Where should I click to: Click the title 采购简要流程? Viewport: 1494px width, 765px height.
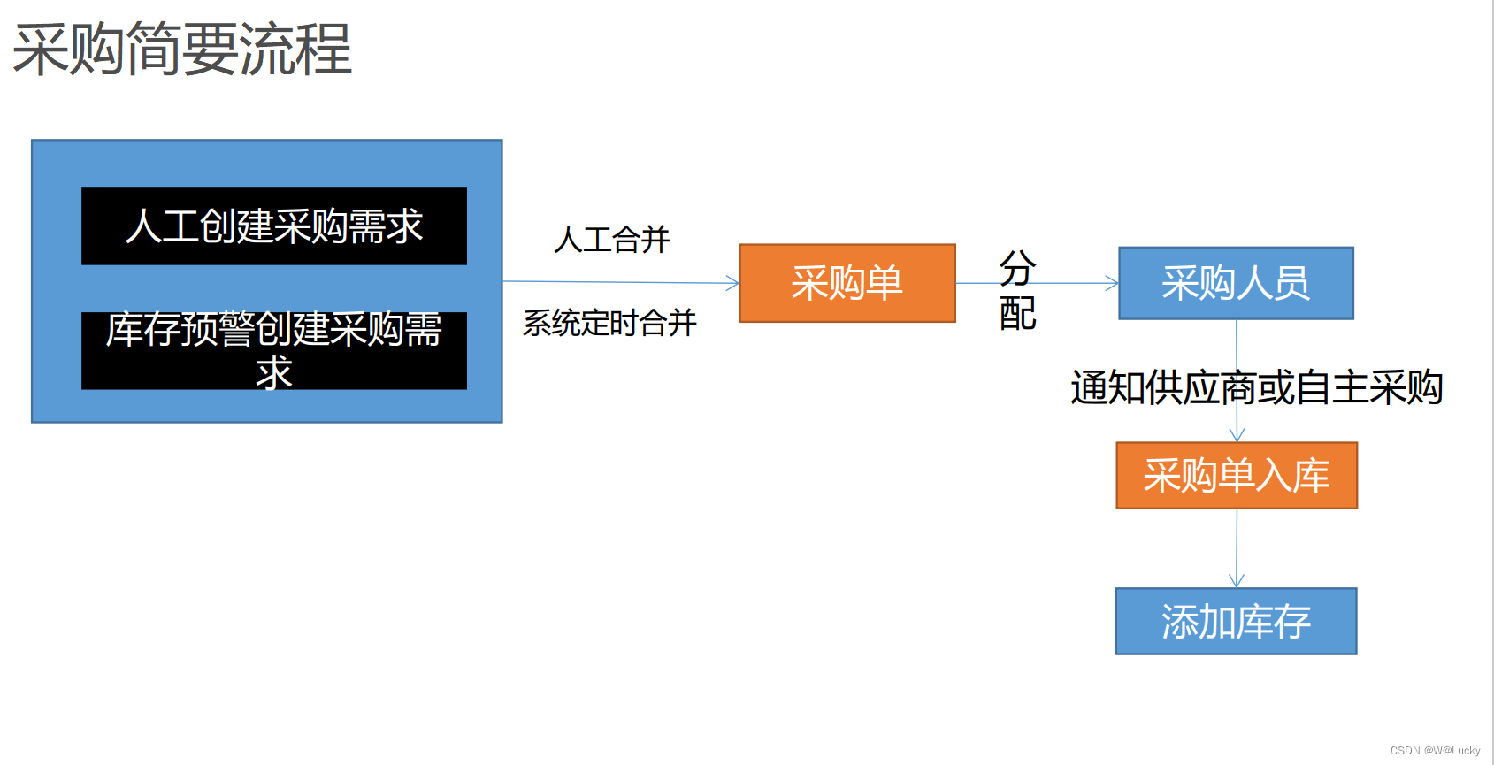pyautogui.click(x=182, y=50)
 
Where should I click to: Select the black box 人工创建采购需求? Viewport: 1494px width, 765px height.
pyautogui.click(x=274, y=226)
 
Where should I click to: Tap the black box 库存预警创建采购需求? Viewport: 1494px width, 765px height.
pyautogui.click(x=274, y=350)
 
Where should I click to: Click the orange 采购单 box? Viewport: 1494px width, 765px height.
pyautogui.click(x=847, y=283)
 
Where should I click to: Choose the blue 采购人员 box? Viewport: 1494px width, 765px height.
pyautogui.click(x=1236, y=283)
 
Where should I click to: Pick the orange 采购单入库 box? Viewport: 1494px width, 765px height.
pyautogui.click(x=1237, y=476)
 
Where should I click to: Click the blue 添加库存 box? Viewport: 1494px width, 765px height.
pyautogui.click(x=1236, y=622)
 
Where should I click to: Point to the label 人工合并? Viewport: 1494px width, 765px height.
pyautogui.click(x=612, y=240)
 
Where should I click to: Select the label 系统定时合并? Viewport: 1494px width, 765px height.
pyautogui.click(x=609, y=323)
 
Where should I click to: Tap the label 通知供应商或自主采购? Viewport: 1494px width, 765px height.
pyautogui.click(x=1256, y=387)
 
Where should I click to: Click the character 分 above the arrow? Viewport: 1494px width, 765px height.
pyautogui.click(x=1017, y=267)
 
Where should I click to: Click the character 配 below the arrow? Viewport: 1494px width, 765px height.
pyautogui.click(x=1017, y=313)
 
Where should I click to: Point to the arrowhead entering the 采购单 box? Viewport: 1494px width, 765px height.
pyautogui.click(x=733, y=283)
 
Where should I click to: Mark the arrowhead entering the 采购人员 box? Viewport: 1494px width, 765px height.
pyautogui.click(x=1113, y=283)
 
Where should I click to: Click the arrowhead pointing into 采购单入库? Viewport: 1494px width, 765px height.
pyautogui.click(x=1237, y=435)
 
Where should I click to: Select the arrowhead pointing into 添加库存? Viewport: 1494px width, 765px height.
pyautogui.click(x=1237, y=581)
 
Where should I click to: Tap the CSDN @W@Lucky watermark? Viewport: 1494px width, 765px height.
pyautogui.click(x=1435, y=751)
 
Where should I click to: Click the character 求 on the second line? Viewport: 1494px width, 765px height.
pyautogui.click(x=274, y=373)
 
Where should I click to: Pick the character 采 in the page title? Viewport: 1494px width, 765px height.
pyautogui.click(x=41, y=50)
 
